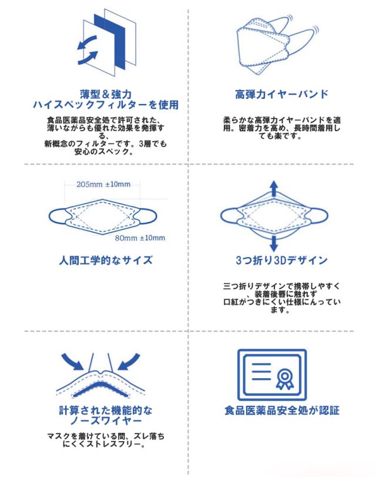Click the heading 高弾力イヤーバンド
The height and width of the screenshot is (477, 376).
click(x=281, y=94)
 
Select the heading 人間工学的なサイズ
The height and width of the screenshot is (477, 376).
click(x=106, y=259)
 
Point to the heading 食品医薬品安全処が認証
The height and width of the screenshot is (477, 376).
click(x=281, y=411)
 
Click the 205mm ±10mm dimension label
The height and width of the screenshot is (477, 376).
click(x=103, y=184)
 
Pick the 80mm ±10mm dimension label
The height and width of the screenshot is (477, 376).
click(x=139, y=238)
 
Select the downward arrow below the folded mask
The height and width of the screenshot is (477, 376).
click(x=274, y=242)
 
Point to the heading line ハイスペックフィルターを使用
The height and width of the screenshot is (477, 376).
click(x=106, y=105)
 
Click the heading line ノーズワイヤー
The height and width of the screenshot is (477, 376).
click(x=106, y=422)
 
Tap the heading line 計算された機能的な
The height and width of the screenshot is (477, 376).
click(x=106, y=411)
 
